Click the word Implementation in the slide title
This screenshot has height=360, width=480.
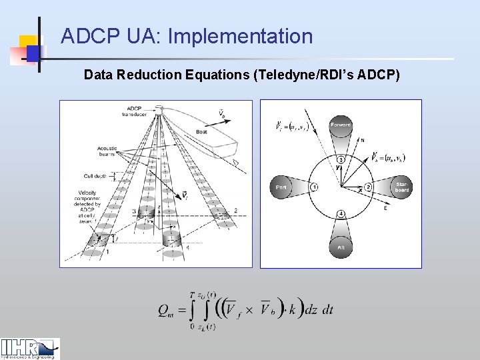241,36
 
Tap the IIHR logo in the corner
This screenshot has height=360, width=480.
30,348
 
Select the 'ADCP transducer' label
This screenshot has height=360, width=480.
135,111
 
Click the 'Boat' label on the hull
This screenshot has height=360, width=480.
201,132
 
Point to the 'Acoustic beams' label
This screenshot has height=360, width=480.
107,151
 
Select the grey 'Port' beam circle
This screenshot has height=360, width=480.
281,187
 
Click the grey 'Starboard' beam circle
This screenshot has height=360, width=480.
401,187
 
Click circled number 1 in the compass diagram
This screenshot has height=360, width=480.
314,187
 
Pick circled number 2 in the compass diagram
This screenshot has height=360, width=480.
367,187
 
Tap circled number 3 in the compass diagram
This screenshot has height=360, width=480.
341,159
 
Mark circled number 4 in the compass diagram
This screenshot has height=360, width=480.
341,213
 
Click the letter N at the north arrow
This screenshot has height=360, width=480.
363,140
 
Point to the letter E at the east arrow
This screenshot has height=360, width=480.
385,208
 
